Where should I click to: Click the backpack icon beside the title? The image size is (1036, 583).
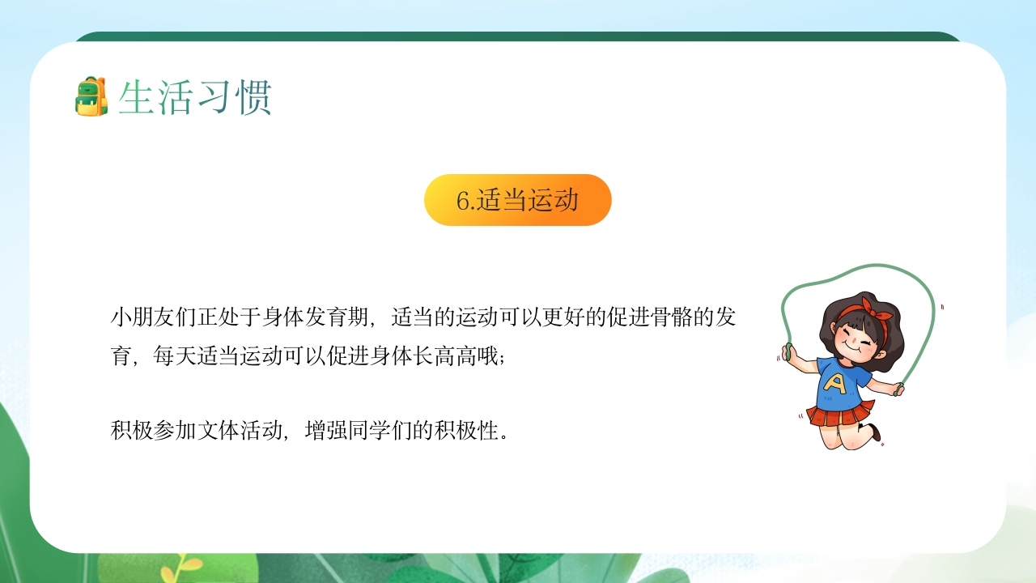pyautogui.click(x=91, y=97)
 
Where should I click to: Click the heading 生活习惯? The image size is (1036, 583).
pyautogui.click(x=194, y=98)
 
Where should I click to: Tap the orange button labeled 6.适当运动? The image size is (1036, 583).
pyautogui.click(x=517, y=200)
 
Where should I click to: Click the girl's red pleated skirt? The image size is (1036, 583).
pyautogui.click(x=842, y=415)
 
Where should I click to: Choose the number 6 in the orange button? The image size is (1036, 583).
pyautogui.click(x=463, y=201)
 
